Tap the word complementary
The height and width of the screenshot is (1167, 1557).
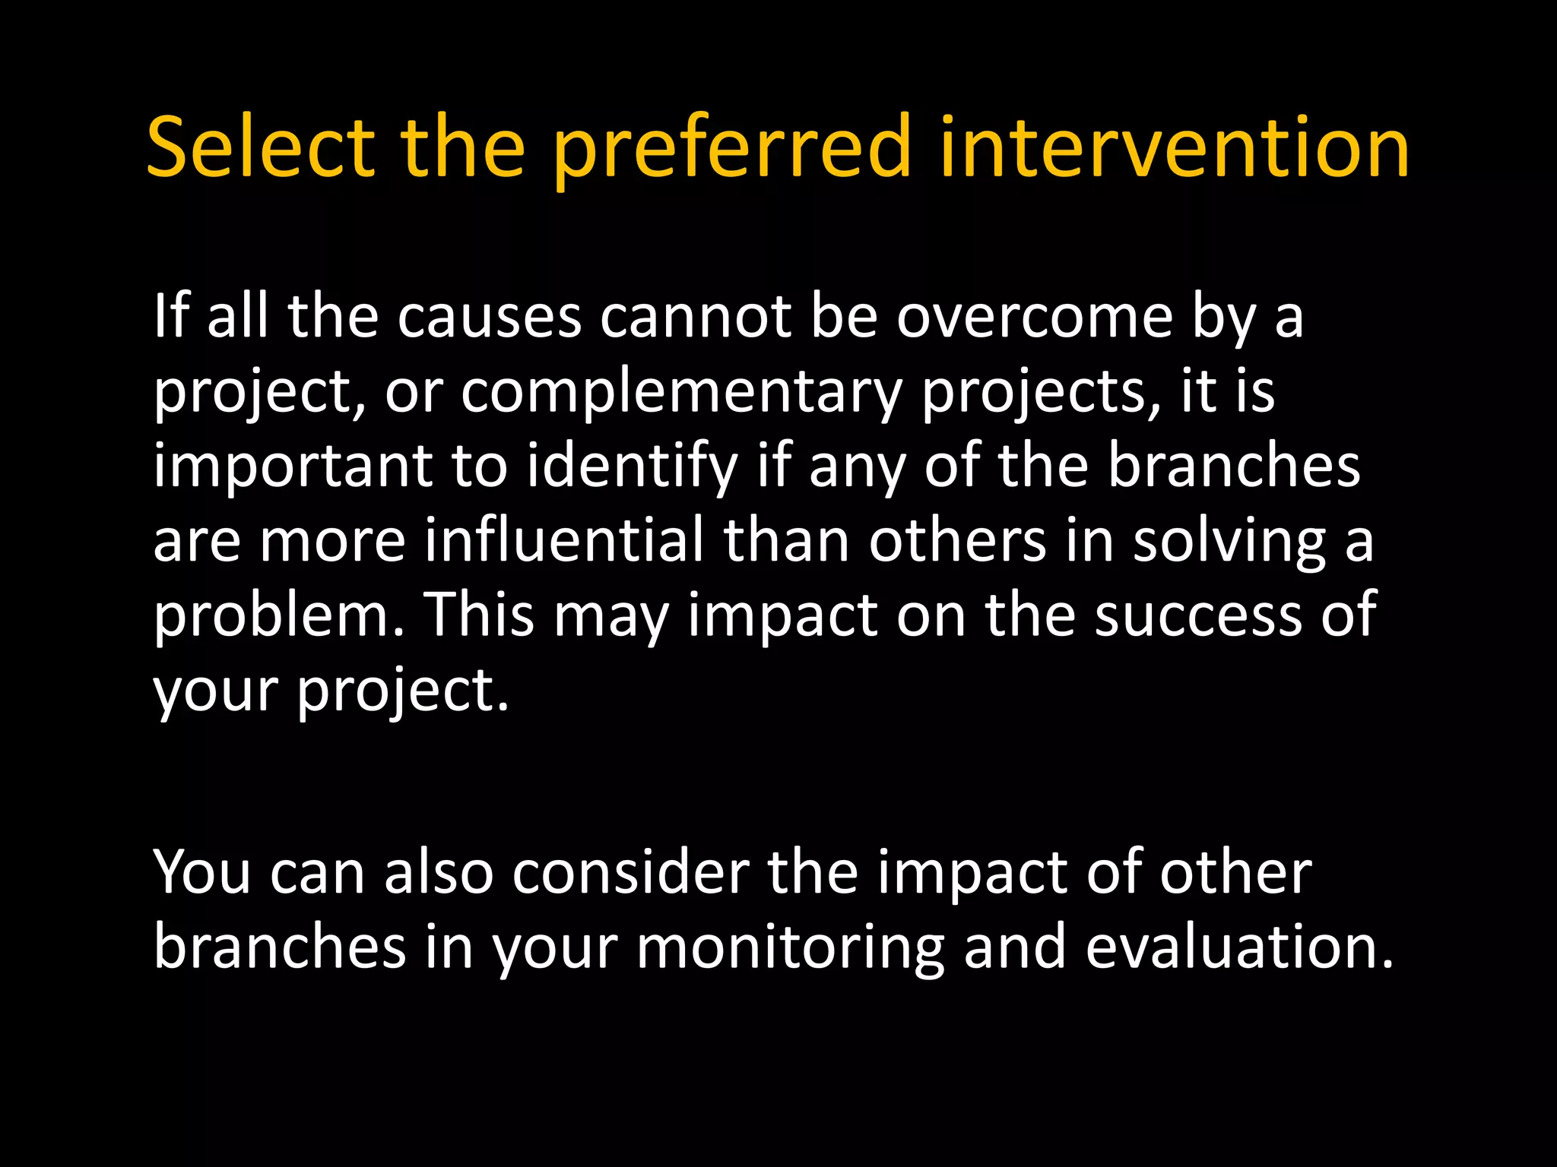pos(681,392)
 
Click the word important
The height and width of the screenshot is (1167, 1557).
pos(293,466)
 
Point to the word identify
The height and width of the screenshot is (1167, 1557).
pos(632,466)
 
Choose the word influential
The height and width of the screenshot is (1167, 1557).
pos(564,540)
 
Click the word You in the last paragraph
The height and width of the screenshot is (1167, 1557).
pos(201,872)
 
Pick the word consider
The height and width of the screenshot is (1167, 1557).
pos(630,872)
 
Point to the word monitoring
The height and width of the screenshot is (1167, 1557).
pos(790,948)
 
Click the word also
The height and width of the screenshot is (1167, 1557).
pos(439,872)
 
